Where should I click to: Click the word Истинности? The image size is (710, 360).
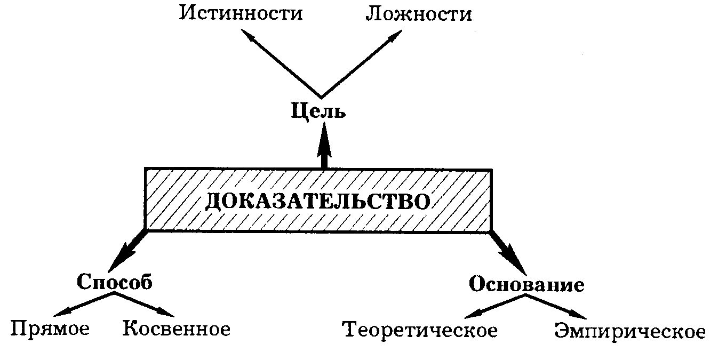pyautogui.click(x=241, y=13)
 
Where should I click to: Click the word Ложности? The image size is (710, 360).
pyautogui.click(x=418, y=13)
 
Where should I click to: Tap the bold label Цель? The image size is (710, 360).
pyautogui.click(x=319, y=111)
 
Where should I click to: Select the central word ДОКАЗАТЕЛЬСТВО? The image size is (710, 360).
pyautogui.click(x=318, y=201)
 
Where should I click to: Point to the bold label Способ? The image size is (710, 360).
pyautogui.click(x=114, y=281)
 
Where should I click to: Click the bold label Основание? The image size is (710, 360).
pyautogui.click(x=526, y=284)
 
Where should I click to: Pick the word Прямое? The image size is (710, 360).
pyautogui.click(x=50, y=328)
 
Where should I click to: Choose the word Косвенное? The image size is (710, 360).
pyautogui.click(x=177, y=329)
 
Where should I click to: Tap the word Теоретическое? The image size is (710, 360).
pyautogui.click(x=420, y=330)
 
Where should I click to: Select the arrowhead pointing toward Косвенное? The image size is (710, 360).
pyautogui.click(x=167, y=313)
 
